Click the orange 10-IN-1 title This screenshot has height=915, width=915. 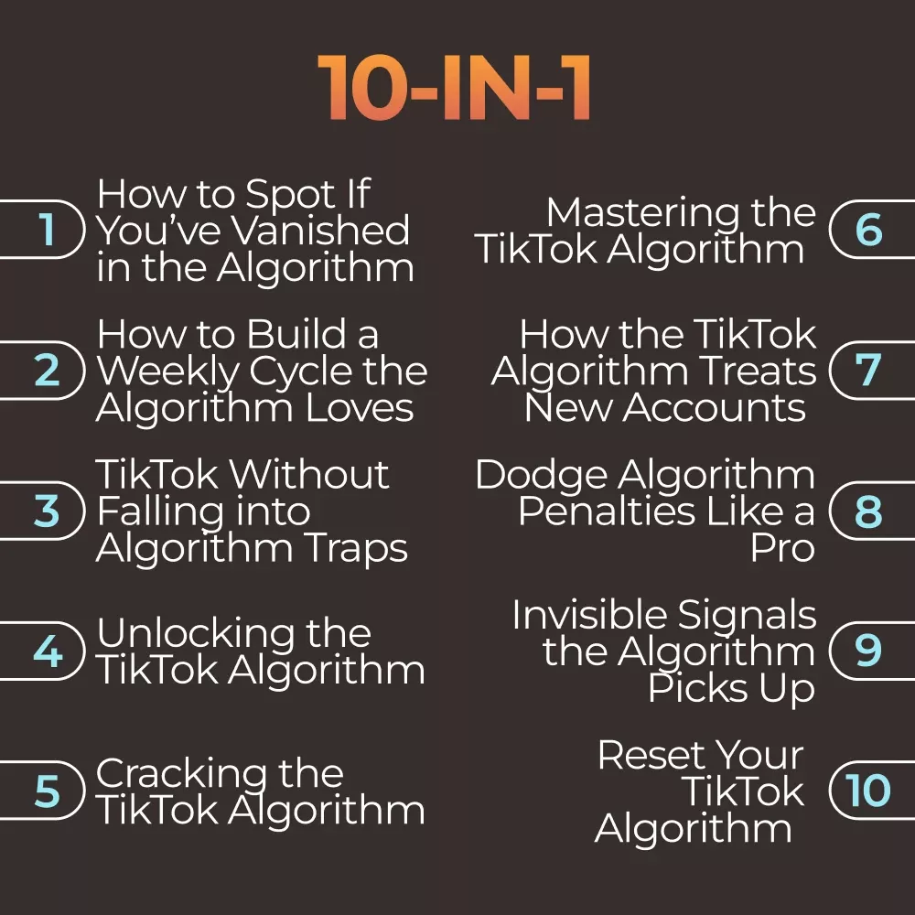coord(455,88)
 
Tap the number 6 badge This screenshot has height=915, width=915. coord(871,229)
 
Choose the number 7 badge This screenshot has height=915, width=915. coord(871,370)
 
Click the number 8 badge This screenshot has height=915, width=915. coord(871,511)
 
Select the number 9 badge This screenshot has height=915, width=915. coord(871,651)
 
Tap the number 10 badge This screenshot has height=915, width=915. coord(871,791)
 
